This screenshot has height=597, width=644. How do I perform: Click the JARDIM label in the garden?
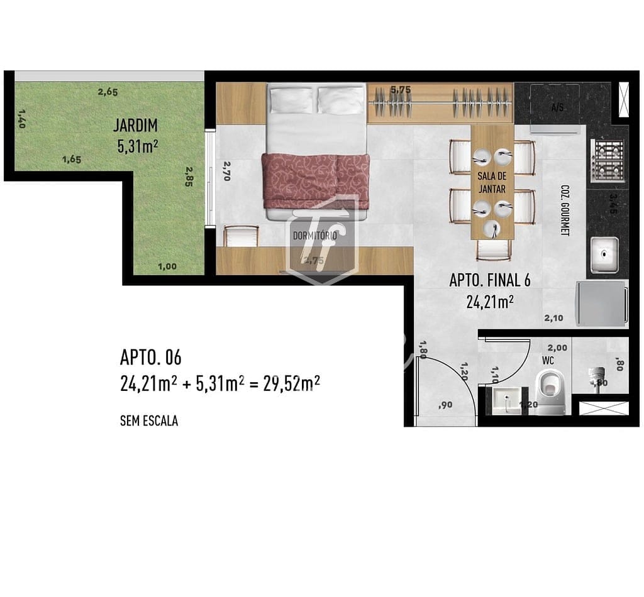tap(135, 125)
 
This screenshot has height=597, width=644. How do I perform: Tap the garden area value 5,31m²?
tap(137, 147)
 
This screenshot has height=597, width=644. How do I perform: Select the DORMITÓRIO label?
tap(315, 235)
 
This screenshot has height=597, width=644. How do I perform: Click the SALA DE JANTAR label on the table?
tap(492, 182)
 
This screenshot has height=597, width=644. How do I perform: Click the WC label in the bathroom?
tap(547, 361)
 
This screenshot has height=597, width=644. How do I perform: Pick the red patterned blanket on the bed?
tap(316, 180)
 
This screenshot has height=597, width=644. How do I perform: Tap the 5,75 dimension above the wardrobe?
tap(400, 90)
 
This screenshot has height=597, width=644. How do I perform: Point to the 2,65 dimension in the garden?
tap(108, 92)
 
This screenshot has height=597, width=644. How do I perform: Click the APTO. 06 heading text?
tap(150, 358)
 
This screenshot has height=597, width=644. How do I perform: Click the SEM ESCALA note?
tap(148, 421)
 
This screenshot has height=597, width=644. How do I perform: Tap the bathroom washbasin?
tap(506, 400)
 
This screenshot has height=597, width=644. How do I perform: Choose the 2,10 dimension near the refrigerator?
tap(553, 318)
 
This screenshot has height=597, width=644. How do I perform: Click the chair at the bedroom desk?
tap(241, 236)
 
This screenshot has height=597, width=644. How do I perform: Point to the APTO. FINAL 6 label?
tap(489, 280)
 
